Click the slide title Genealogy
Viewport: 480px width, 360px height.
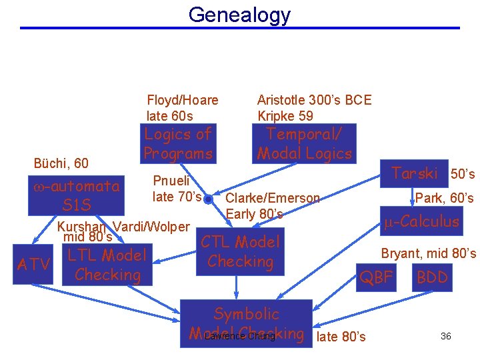[x=239, y=14]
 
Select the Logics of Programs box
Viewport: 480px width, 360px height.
[x=178, y=143]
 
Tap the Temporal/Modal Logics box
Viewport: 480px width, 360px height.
[x=304, y=143]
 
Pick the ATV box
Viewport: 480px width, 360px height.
[x=33, y=265]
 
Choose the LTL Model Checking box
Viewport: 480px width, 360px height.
[x=106, y=265]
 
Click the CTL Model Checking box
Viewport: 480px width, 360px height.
[x=240, y=252]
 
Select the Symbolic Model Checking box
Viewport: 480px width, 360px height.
[x=246, y=323]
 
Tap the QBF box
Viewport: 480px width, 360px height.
[x=376, y=277]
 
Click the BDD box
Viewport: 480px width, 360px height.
[x=432, y=277]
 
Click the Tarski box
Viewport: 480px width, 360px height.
[x=414, y=173]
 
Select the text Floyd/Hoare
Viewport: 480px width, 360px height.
[x=182, y=100]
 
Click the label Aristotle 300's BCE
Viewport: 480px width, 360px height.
[x=314, y=100]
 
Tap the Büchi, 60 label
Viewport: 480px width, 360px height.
[x=61, y=163]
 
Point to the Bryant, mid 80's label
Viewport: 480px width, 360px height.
[x=428, y=253]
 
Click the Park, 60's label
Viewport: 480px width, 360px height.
[x=444, y=198]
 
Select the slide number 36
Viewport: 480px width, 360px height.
[x=446, y=336]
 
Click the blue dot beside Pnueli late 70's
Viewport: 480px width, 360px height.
[x=208, y=199]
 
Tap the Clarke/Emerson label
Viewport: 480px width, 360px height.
[x=273, y=198]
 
